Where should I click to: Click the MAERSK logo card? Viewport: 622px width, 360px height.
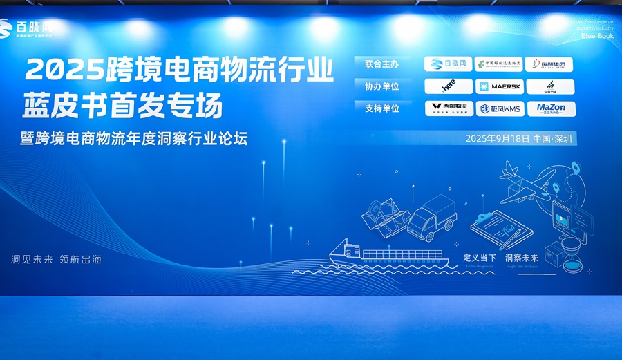coord(499,86)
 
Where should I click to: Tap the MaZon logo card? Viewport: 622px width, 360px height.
coord(551,108)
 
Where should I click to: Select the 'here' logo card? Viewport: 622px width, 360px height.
coord(449,86)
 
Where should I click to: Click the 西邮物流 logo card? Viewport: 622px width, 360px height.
coord(449,108)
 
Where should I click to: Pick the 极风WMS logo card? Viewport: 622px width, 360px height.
coord(499,108)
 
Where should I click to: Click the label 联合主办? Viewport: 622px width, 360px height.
coord(382,64)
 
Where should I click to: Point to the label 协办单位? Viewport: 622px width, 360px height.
coord(382,86)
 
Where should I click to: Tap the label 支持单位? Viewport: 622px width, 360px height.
coord(382,108)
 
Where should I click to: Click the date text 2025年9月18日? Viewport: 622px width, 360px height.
coord(498,139)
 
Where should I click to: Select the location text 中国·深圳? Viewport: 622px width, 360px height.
coord(554,139)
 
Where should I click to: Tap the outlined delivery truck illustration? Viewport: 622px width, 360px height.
coord(433,216)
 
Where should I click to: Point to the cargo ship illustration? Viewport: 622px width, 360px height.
coord(387,254)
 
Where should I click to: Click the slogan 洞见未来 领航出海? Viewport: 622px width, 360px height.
coord(57,260)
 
